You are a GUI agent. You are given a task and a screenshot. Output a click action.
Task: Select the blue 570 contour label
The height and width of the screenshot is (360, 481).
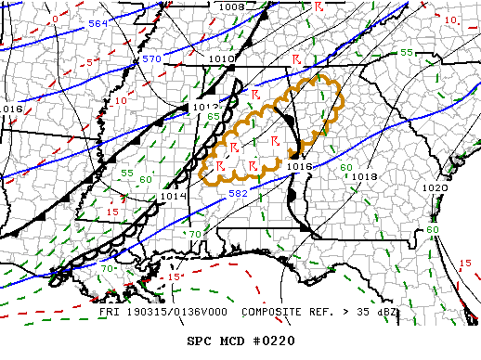click(x=151, y=59)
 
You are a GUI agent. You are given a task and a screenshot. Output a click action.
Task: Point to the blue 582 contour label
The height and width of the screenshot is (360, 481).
click(x=238, y=192)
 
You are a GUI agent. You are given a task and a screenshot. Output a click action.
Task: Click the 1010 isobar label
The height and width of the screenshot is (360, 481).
click(x=222, y=58)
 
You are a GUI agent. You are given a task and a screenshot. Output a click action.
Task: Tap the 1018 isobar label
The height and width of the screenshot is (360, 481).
click(x=364, y=175)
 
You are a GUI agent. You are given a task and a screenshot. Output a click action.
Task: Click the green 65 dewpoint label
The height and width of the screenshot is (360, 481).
click(x=213, y=117)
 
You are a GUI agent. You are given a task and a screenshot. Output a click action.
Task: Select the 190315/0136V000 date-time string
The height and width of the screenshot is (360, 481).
click(x=174, y=313)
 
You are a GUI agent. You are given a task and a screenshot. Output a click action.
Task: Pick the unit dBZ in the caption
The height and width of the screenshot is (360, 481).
click(x=387, y=313)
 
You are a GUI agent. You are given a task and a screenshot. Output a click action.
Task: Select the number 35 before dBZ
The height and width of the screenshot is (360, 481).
click(x=364, y=313)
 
